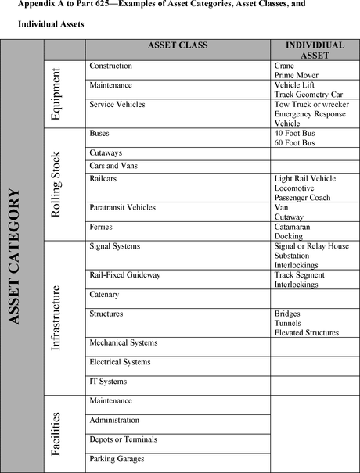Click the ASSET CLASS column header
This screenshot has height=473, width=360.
point(178,45)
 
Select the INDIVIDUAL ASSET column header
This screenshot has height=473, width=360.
point(315,50)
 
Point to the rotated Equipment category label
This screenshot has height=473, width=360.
point(56,93)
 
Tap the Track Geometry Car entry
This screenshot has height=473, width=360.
point(308,94)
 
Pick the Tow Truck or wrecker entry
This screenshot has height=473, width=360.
point(310,104)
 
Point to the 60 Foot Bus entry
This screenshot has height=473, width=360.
point(294,143)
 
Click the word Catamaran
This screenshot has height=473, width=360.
point(295,228)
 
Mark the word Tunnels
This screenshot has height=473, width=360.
point(288,323)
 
